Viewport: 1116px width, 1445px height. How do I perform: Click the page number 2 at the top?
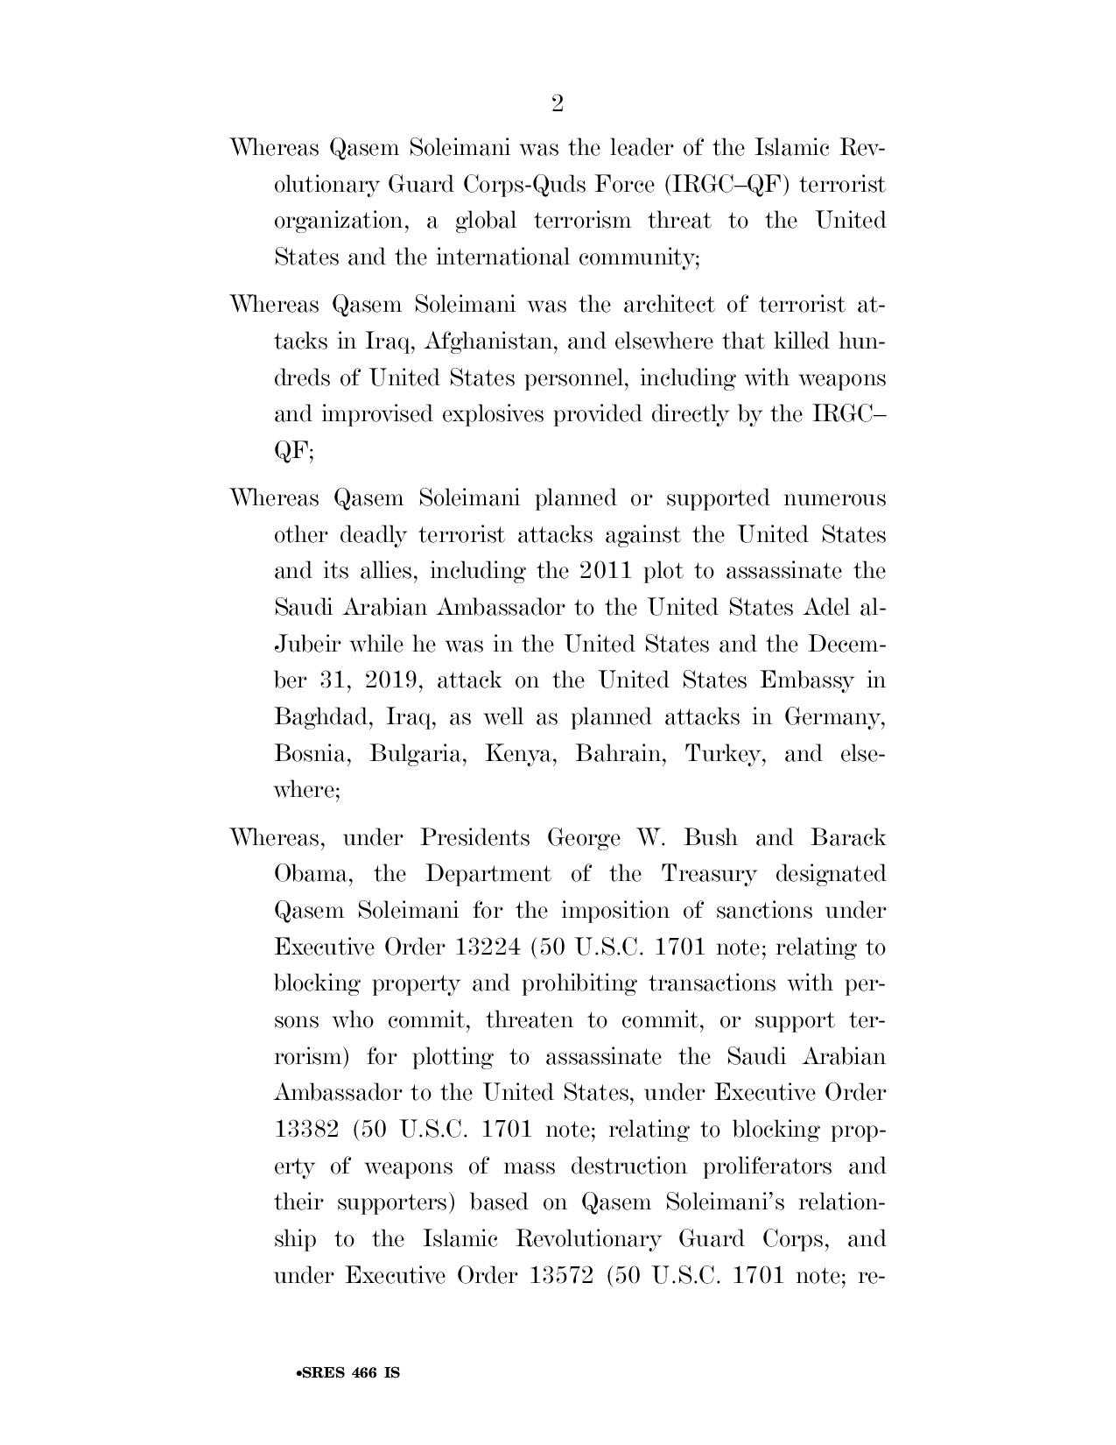[x=558, y=104]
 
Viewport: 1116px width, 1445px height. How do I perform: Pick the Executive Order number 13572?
[x=566, y=1276]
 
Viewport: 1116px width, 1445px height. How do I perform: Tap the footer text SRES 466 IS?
[x=348, y=1373]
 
